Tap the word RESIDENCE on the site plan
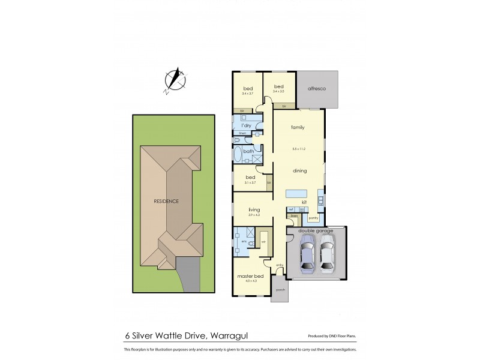[166, 201]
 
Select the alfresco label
[316, 89]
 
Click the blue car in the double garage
[307, 252]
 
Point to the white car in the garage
[327, 252]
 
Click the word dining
[299, 171]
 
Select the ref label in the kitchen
[290, 209]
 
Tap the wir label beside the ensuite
[263, 243]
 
